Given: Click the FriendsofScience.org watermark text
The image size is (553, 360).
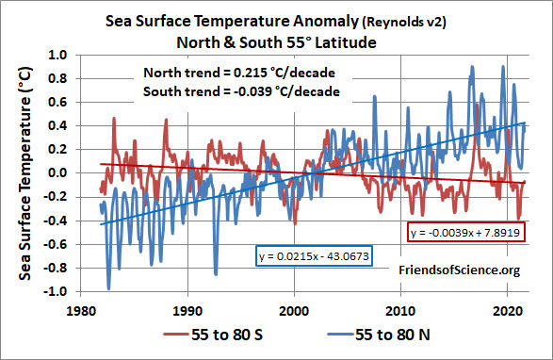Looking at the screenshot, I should (459, 271).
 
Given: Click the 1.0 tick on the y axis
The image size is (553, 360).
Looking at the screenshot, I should (61, 55).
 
